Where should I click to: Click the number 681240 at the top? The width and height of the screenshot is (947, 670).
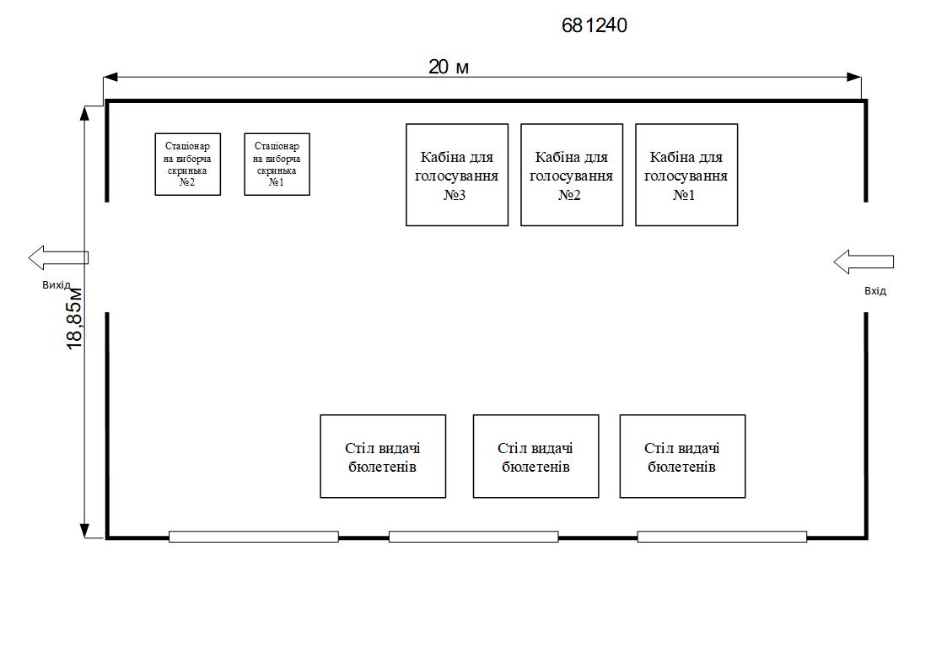595,26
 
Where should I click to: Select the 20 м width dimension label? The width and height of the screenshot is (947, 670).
448,67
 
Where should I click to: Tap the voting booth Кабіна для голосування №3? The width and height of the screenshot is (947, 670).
457,175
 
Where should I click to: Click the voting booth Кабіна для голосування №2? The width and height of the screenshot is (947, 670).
572,175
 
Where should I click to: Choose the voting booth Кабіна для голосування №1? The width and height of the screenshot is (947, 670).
686,175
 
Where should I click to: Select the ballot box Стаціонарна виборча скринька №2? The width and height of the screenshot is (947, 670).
188,164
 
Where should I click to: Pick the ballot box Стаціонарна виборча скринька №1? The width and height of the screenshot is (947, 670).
277,164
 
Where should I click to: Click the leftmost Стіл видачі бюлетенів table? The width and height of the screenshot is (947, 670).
383,457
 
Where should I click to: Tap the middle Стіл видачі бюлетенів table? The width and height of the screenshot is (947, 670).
535,457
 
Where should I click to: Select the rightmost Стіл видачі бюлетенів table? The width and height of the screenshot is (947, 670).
682,457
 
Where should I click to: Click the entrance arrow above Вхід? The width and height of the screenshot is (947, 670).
863,262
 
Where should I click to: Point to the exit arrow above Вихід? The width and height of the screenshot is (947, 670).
57,257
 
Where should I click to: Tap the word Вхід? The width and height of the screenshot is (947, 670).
875,291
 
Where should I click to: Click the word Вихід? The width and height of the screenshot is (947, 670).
56,285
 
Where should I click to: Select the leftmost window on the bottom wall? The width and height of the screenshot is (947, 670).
254,537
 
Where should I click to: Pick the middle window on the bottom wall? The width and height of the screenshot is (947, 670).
473,537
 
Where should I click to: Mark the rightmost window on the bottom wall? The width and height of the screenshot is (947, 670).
722,537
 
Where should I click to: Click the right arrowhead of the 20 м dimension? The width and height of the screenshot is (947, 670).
855,78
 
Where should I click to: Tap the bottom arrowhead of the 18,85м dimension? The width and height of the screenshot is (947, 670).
84,531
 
